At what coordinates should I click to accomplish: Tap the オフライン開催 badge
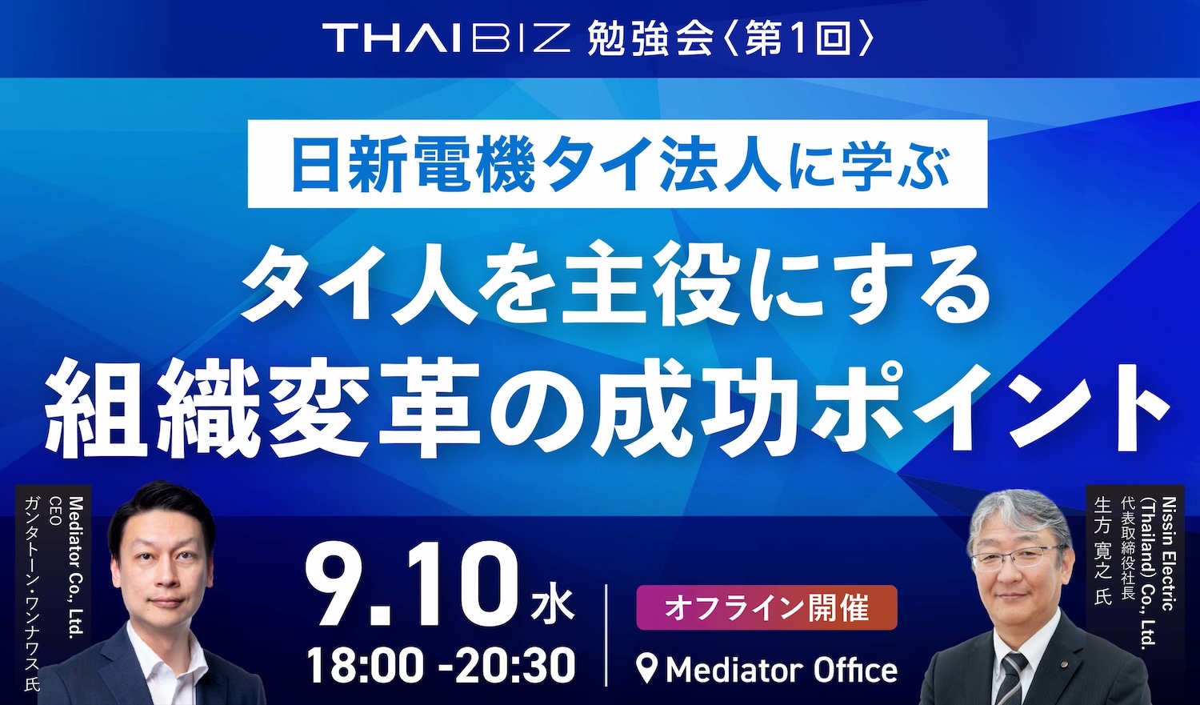[766, 607]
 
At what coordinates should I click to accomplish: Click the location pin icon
[648, 670]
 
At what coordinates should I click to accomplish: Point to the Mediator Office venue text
[781, 670]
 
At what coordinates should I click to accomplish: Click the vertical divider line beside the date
[606, 635]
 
